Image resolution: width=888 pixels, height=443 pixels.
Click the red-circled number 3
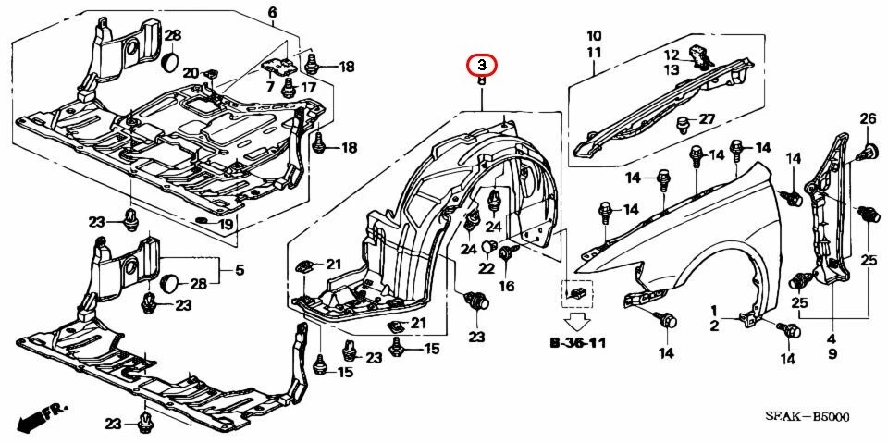coord(481,65)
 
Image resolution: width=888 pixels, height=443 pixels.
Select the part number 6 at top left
coord(273,12)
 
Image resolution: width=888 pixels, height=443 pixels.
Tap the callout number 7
coord(271,86)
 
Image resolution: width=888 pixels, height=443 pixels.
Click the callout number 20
coord(190,73)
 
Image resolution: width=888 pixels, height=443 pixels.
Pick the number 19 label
coord(226,224)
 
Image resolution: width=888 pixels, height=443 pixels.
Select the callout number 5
coord(238,271)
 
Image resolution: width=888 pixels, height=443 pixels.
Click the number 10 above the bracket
coord(594,36)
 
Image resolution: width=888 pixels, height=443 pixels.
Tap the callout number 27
coord(707,119)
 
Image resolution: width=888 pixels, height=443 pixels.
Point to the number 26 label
coord(868,118)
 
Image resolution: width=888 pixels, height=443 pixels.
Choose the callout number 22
coord(487,268)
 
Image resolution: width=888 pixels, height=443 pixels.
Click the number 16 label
coord(506,287)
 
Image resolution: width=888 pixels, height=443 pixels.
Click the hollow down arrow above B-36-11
coord(577,322)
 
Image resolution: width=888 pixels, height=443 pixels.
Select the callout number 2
coord(714,326)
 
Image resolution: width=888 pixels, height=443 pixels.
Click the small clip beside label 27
coord(684,122)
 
